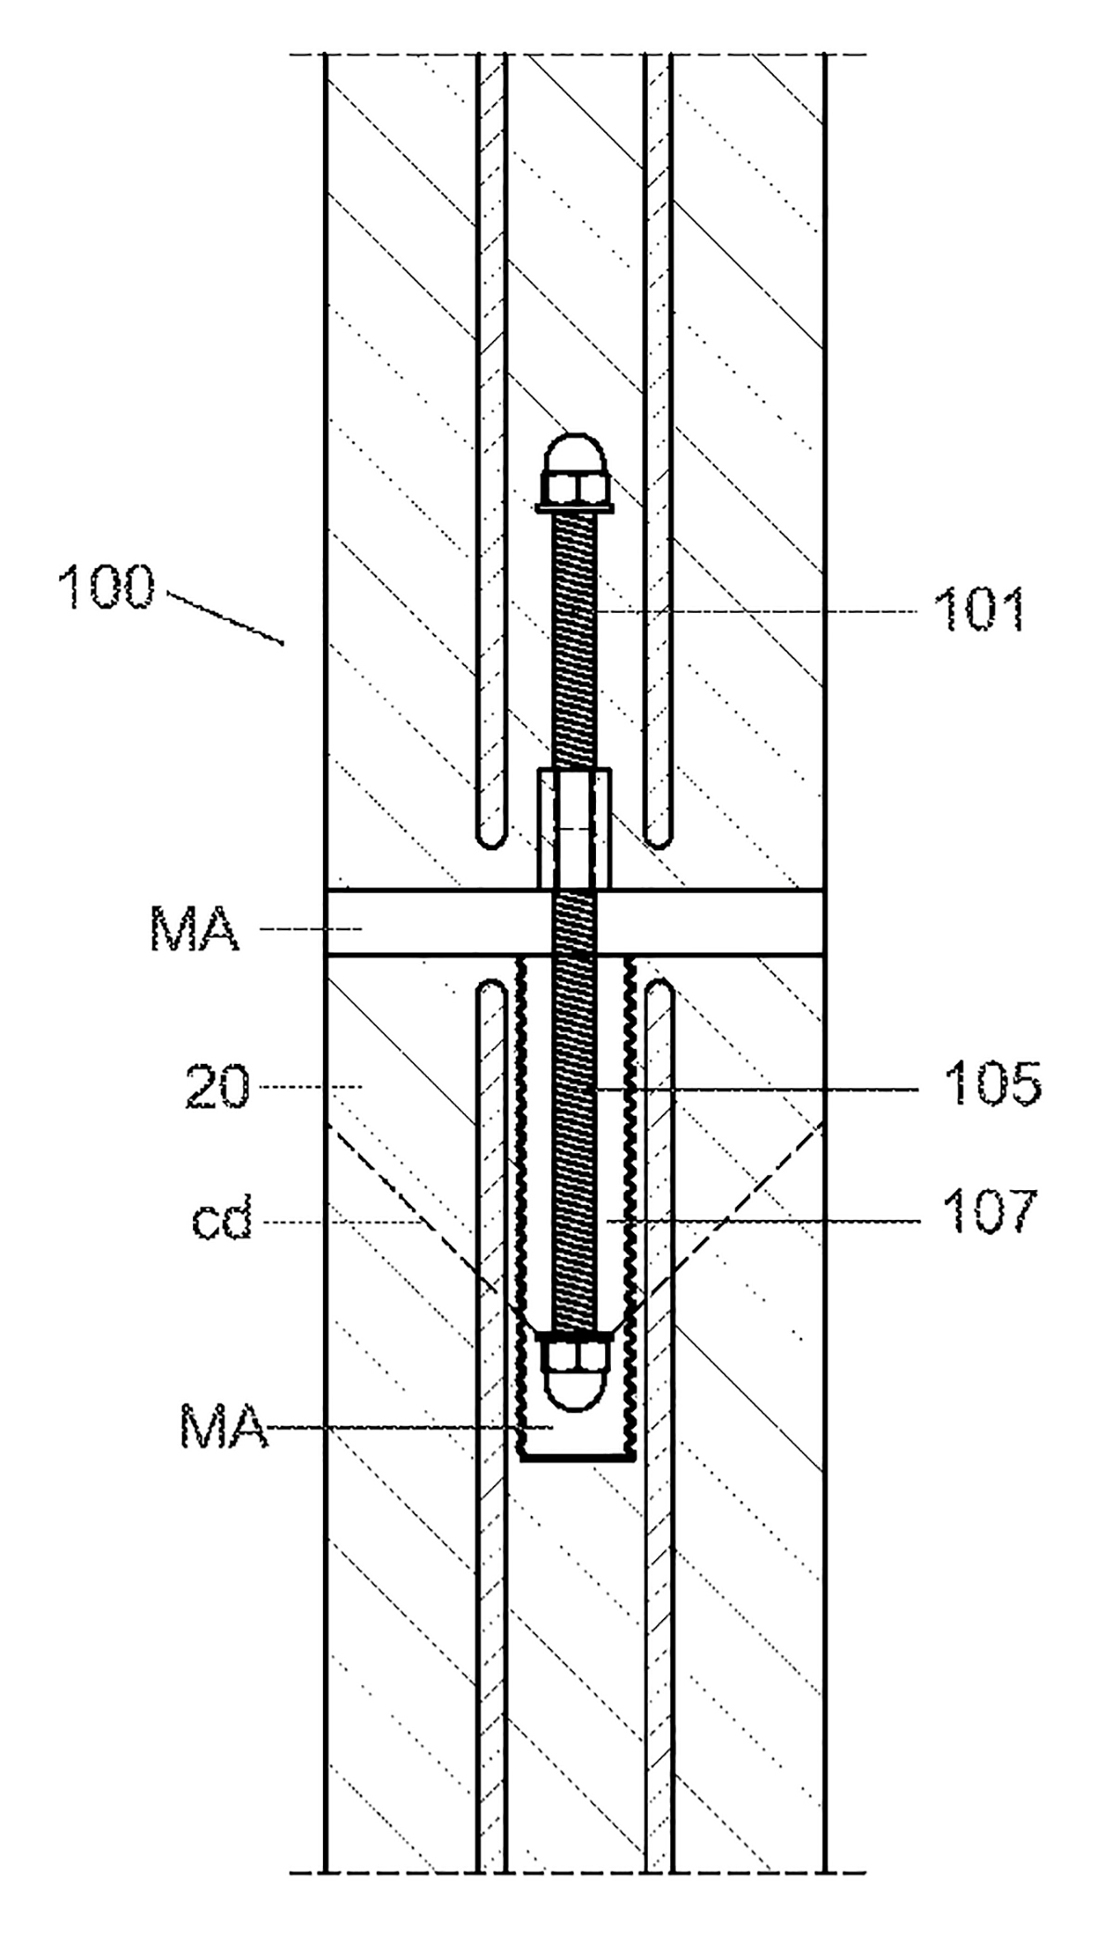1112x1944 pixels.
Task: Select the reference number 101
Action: [978, 611]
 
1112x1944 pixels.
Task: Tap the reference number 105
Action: [992, 1085]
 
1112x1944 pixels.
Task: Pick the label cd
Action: [222, 1223]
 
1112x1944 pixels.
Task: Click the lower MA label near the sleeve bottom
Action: [224, 1429]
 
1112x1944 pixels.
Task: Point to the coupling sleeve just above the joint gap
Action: [575, 828]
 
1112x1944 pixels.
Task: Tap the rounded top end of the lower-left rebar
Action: [492, 990]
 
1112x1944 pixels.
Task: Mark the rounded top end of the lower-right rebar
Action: [657, 990]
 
